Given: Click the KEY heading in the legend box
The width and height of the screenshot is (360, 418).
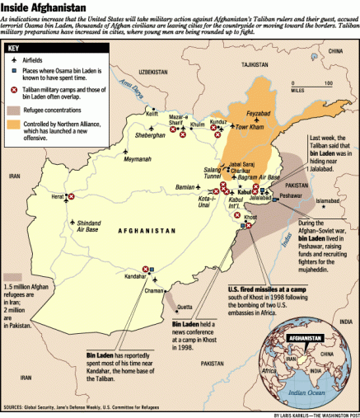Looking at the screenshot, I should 20,48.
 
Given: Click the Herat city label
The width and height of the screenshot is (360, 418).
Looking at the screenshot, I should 56,196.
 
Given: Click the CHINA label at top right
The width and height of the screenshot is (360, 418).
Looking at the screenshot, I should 334,51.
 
